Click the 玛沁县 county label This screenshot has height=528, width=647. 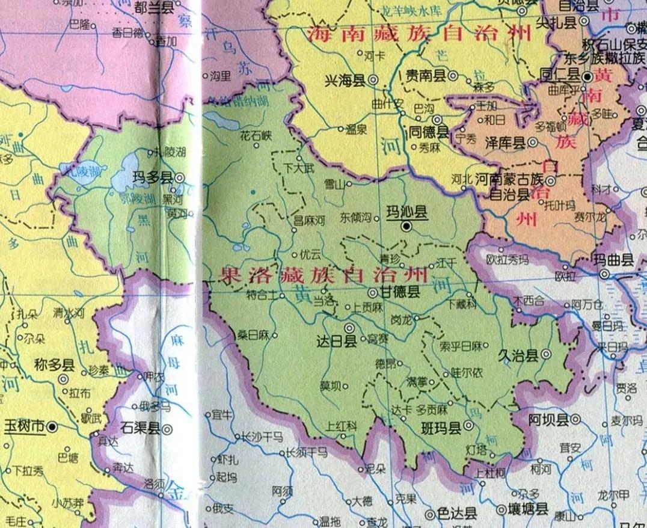[x=406, y=212]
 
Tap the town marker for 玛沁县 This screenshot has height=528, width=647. [x=406, y=227]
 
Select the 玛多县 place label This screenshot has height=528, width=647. [x=153, y=177]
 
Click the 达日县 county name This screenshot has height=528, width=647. [x=336, y=341]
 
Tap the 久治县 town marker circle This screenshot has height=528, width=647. [x=545, y=355]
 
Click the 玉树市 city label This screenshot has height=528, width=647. [x=25, y=426]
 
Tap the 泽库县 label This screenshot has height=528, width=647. [x=504, y=143]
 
